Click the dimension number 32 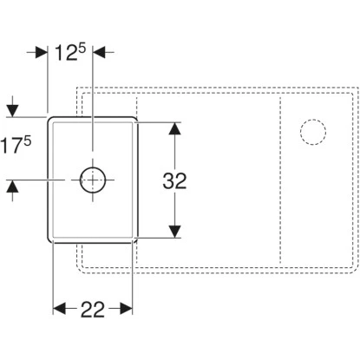174,180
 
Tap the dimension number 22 93,310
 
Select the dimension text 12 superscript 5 70,52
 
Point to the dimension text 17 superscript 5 16,145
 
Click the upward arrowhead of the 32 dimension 174,128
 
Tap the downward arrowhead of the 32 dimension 174,232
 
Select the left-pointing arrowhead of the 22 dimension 59,309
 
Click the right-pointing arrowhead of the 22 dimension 127,309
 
